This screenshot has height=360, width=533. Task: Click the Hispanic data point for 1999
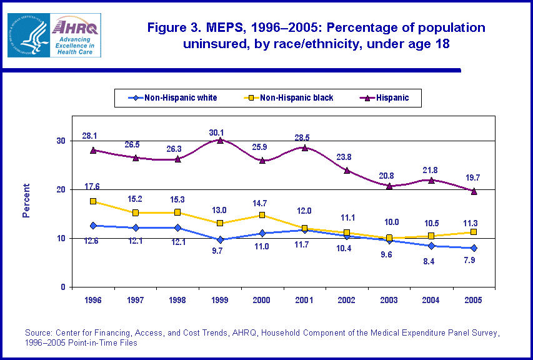[x=220, y=140]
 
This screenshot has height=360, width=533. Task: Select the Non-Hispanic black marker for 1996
[x=93, y=201]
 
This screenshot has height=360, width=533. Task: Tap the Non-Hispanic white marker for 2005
[x=474, y=248]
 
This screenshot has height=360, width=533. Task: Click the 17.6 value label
[x=92, y=187]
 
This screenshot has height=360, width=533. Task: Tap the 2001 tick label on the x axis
[x=304, y=300]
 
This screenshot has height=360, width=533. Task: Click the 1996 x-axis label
[x=93, y=300]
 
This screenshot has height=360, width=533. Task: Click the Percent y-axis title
[x=26, y=200]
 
